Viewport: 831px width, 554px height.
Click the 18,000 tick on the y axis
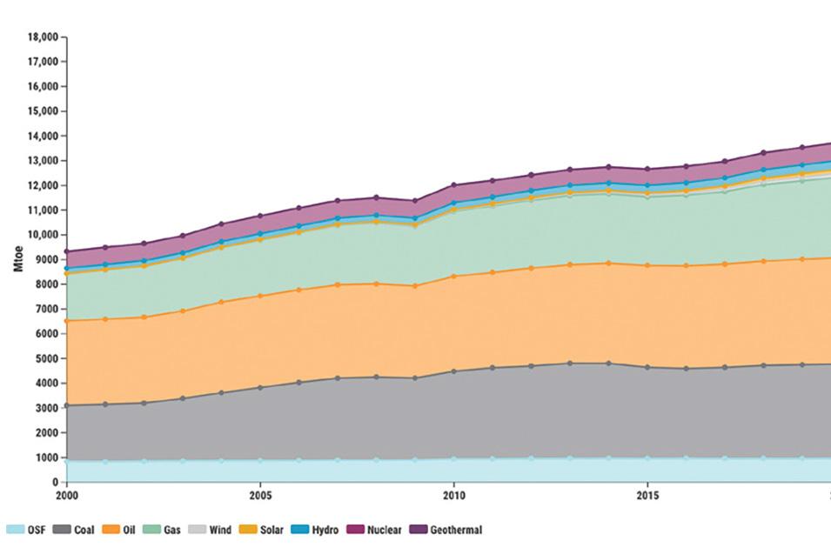pyautogui.click(x=44, y=37)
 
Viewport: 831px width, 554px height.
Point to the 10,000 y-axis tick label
pyautogui.click(x=44, y=235)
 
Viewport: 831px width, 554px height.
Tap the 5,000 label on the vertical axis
pyautogui.click(x=45, y=358)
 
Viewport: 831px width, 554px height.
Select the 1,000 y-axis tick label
pyautogui.click(x=45, y=457)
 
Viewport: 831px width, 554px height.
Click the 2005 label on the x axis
pyautogui.click(x=259, y=496)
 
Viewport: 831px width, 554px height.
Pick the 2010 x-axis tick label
pyautogui.click(x=453, y=496)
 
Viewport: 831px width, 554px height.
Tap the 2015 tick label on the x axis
pyautogui.click(x=647, y=496)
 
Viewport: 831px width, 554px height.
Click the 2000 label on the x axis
pyautogui.click(x=66, y=496)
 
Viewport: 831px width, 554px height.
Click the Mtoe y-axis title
pyautogui.click(x=18, y=260)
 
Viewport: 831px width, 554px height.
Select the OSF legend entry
pyautogui.click(x=28, y=530)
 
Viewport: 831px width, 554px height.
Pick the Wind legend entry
pyautogui.click(x=211, y=530)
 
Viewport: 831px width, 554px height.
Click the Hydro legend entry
pyautogui.click(x=316, y=530)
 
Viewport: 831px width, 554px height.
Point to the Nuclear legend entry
pyautogui.click(x=375, y=530)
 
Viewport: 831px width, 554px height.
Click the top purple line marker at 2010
pyautogui.click(x=453, y=185)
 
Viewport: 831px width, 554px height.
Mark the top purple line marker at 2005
pyautogui.click(x=259, y=216)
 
